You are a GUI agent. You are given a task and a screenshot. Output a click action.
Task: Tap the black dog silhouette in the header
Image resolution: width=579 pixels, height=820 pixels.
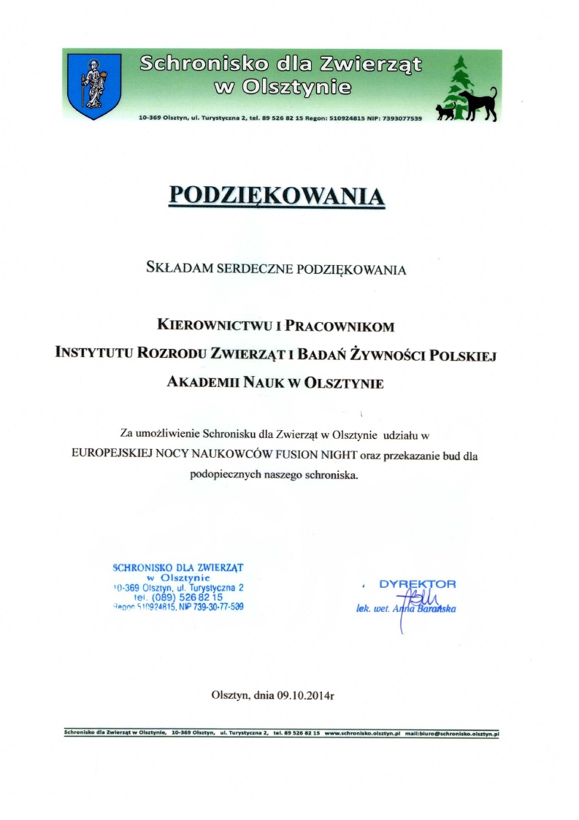[478, 104]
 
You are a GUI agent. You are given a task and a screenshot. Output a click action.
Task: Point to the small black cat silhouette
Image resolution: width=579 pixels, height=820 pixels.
[445, 112]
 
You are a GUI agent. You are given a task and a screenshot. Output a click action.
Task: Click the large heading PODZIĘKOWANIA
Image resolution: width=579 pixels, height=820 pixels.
[277, 196]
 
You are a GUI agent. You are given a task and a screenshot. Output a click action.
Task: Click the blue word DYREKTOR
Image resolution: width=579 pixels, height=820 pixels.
[418, 584]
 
